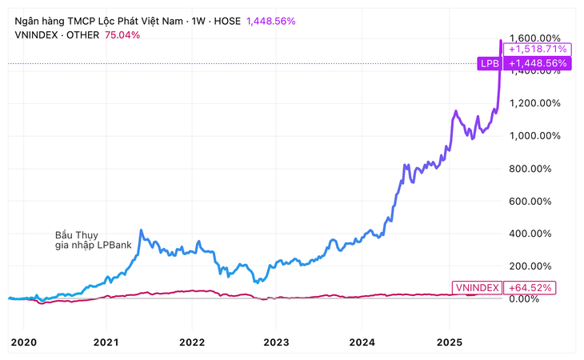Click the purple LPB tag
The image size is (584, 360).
489,62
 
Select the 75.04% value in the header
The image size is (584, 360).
122,34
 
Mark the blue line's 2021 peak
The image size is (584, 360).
141,230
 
